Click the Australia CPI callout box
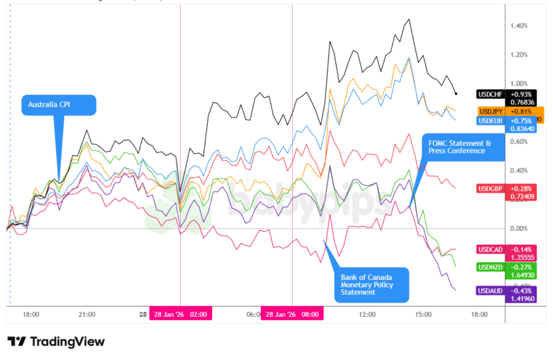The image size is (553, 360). point(58,106)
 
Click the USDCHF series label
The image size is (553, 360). point(492,94)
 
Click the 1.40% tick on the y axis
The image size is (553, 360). point(518,26)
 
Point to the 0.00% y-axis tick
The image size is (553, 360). point(518,228)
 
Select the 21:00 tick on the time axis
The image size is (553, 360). point(86,314)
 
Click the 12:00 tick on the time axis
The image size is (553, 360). point(367,314)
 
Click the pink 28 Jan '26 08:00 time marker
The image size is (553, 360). point(292,314)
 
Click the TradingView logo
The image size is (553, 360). point(56,342)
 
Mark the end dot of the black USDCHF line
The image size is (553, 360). point(456,94)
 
